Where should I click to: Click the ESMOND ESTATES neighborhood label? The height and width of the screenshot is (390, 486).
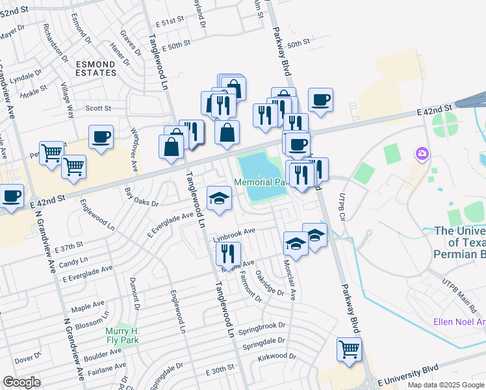point(96,68)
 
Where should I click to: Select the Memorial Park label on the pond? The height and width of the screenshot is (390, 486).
point(260,183)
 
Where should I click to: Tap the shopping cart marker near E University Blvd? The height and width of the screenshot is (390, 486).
point(350,350)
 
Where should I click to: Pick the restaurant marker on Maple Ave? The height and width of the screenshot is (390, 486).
point(228,253)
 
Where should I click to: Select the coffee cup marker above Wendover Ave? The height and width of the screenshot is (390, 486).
point(101,137)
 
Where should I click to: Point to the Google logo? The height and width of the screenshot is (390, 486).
point(22,382)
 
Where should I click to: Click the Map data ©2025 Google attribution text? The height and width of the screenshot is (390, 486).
point(444,385)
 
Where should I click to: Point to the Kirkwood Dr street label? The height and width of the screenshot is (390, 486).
point(277,357)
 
